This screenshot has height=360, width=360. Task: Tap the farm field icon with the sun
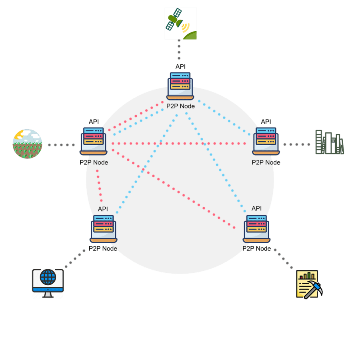pyautogui.click(x=27, y=144)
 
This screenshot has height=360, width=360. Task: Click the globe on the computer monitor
pyautogui.click(x=48, y=277)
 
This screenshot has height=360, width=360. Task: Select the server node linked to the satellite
pyautogui.click(x=180, y=86)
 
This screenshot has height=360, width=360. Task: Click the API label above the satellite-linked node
pyautogui.click(x=180, y=66)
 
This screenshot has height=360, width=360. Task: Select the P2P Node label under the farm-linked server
pyautogui.click(x=94, y=162)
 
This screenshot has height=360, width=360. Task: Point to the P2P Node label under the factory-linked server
pyautogui.click(x=266, y=162)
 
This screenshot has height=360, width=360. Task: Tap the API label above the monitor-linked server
pyautogui.click(x=103, y=209)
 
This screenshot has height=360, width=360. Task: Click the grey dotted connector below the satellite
pyautogui.click(x=179, y=52)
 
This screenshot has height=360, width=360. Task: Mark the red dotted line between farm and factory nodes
pyautogui.click(x=180, y=143)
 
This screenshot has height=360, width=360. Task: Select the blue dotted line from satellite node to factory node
pyautogui.click(x=226, y=118)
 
